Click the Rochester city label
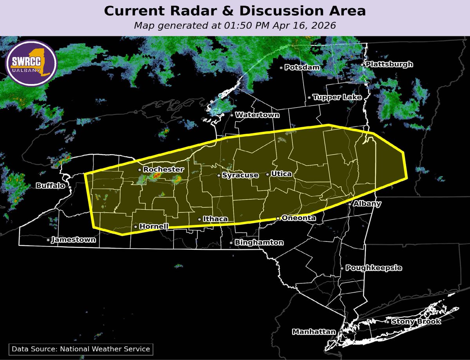click(163, 170)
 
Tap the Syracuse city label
click(240, 175)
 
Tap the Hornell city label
click(154, 227)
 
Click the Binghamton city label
click(259, 243)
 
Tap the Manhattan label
click(314, 332)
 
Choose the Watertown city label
click(257, 115)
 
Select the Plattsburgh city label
click(389, 65)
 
